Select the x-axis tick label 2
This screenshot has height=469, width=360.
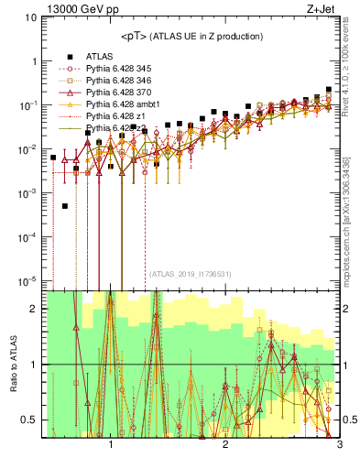point(225,445)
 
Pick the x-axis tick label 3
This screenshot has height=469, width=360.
point(339,445)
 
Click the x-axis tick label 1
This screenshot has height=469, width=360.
point(111,445)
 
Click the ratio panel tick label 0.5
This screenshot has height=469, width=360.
point(30,420)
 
